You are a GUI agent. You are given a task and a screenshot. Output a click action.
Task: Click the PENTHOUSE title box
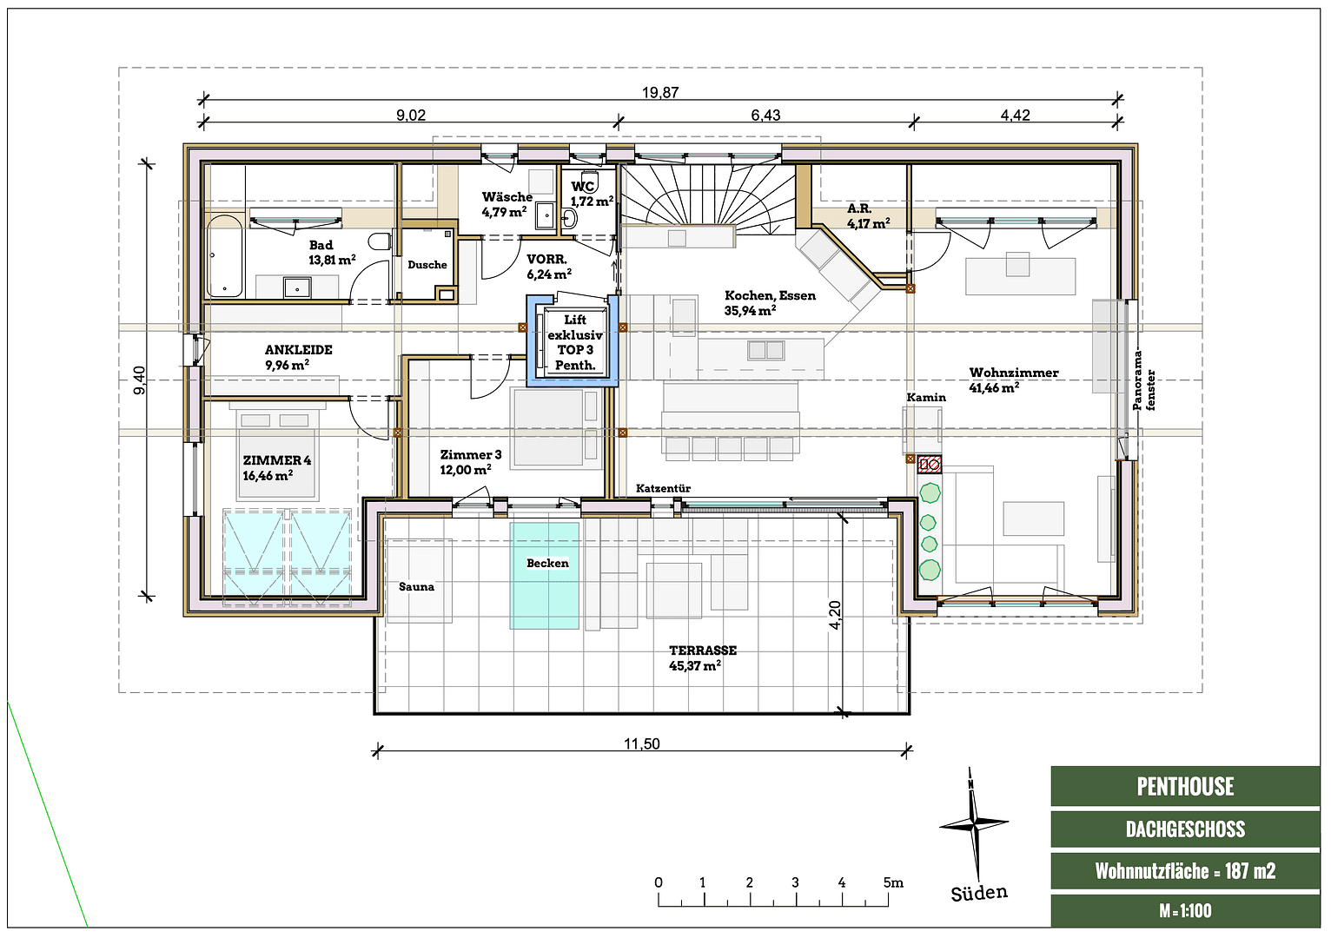tap(1185, 787)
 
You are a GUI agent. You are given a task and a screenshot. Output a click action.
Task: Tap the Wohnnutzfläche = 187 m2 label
tap(1185, 871)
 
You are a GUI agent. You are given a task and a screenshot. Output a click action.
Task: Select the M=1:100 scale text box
tap(1185, 911)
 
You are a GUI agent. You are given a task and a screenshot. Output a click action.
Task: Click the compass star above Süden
tap(974, 822)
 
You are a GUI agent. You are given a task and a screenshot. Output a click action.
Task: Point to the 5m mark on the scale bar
tap(892, 883)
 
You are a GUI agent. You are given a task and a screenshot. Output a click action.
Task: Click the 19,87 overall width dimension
tap(660, 92)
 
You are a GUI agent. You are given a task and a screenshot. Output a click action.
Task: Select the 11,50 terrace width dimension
tap(641, 743)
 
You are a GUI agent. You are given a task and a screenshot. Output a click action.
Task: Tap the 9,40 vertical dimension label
tap(140, 380)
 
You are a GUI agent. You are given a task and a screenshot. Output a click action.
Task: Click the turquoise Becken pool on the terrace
tap(545, 576)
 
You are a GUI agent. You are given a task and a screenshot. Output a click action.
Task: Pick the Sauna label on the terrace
tap(416, 587)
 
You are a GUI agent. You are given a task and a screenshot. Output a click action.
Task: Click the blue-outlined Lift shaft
tap(573, 341)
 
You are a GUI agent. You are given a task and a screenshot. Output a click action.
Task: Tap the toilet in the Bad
tap(379, 241)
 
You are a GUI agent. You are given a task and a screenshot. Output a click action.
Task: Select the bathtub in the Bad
tap(225, 256)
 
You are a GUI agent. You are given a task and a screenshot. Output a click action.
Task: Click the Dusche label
tap(427, 265)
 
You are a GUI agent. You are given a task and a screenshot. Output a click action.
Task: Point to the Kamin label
tap(926, 398)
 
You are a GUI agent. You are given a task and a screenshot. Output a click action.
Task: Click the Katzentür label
tap(663, 488)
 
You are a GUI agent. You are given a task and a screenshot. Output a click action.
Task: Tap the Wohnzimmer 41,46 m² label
tap(1013, 380)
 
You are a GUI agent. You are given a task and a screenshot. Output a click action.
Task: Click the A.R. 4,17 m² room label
tap(868, 216)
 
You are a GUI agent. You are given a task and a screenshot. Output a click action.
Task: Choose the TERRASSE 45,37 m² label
tap(702, 657)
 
